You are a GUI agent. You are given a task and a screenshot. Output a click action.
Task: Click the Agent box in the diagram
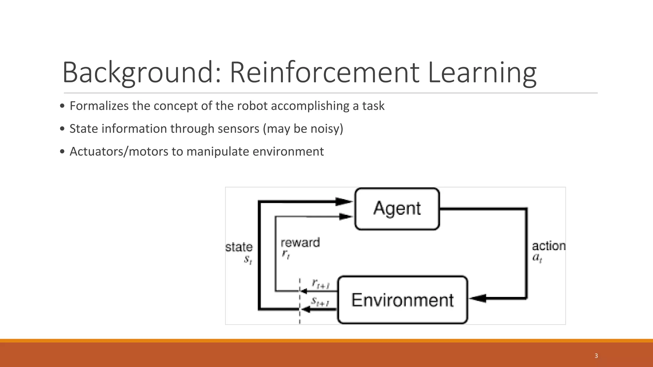[x=397, y=209]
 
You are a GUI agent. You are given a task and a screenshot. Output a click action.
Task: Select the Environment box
[x=402, y=300]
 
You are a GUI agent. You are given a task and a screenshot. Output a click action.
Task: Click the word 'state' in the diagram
[x=239, y=247]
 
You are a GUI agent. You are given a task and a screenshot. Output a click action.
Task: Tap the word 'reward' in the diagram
[x=300, y=243]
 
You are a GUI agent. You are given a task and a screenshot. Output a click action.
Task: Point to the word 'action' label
[x=548, y=246]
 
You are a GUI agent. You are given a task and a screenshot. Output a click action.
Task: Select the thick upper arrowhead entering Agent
[x=344, y=201]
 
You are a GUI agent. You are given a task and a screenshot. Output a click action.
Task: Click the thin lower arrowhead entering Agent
[x=345, y=217]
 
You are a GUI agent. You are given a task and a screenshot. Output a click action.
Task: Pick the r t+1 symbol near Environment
[x=320, y=284]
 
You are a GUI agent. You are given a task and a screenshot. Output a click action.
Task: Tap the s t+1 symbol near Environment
[x=320, y=301]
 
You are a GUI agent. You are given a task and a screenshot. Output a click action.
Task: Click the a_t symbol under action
[x=537, y=257]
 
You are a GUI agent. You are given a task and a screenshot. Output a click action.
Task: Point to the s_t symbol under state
[x=248, y=260]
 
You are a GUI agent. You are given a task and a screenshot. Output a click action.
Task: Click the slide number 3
[x=596, y=356]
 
